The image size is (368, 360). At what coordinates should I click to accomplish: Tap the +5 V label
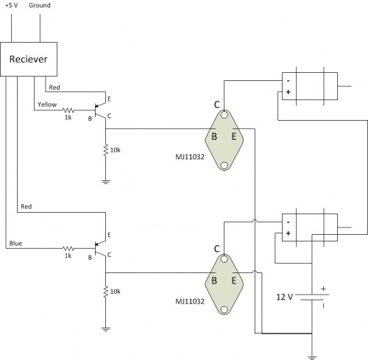11,5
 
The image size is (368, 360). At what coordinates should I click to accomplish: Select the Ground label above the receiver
40,5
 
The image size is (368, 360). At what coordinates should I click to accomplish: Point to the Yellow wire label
47,105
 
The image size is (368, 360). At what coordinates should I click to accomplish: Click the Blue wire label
15,244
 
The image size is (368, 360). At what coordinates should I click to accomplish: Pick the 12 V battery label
285,297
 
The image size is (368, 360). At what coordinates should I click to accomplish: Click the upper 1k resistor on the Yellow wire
68,110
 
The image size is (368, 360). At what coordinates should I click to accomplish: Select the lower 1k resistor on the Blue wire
68,249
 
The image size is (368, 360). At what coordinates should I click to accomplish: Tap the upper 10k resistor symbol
106,150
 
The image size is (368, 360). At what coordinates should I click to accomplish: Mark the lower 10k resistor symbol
106,292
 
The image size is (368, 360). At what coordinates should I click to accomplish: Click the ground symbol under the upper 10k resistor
106,182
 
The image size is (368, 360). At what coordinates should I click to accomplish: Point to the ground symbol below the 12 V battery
312,358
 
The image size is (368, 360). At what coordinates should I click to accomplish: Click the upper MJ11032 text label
190,157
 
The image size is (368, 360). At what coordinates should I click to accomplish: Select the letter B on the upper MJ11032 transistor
214,136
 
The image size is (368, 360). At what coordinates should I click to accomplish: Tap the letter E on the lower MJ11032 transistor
234,280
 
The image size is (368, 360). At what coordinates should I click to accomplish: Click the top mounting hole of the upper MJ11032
224,115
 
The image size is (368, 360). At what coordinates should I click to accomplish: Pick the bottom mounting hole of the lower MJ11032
224,310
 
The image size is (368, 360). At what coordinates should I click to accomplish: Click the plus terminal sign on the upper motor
289,92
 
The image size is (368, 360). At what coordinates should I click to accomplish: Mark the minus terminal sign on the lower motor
289,222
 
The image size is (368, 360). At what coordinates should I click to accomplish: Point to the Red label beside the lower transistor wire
26,207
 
